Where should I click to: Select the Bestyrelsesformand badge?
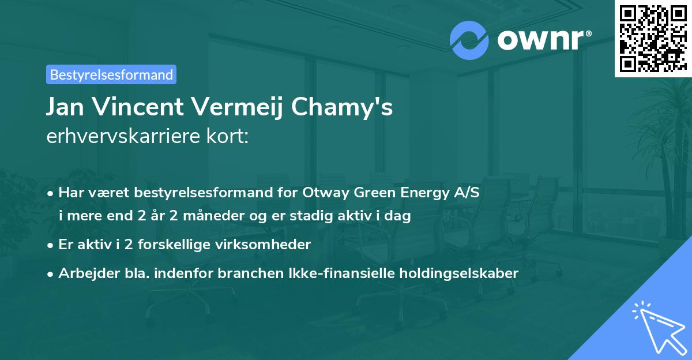click(x=111, y=74)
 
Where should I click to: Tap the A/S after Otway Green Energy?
click(x=466, y=193)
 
